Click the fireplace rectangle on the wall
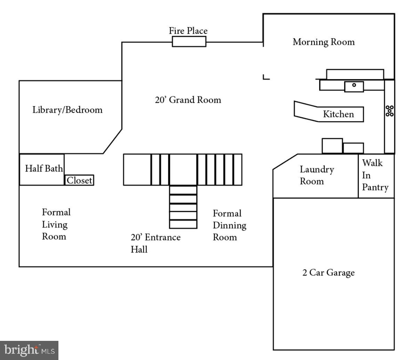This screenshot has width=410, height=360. tap(189, 42)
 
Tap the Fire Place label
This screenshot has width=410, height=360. tap(188, 31)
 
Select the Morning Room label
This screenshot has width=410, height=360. tap(323, 42)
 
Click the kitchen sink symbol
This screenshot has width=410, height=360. tap(354, 85)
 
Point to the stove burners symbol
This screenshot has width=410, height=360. tap(389, 111)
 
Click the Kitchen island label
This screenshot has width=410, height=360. tap(338, 114)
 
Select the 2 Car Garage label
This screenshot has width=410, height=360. tap(328, 272)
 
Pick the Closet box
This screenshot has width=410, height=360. tap(79, 180)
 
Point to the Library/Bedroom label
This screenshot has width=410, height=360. tap(67, 110)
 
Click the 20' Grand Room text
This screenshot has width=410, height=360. tap(188, 100)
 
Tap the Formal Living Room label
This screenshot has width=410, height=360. tap(56, 224)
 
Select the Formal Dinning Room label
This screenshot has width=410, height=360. tap(229, 225)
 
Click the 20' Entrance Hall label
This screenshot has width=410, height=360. tap(155, 243)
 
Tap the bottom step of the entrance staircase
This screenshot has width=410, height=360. tap(183, 224)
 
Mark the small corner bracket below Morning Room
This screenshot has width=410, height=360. tap(266, 77)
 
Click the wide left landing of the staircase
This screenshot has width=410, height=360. tap(137, 170)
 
